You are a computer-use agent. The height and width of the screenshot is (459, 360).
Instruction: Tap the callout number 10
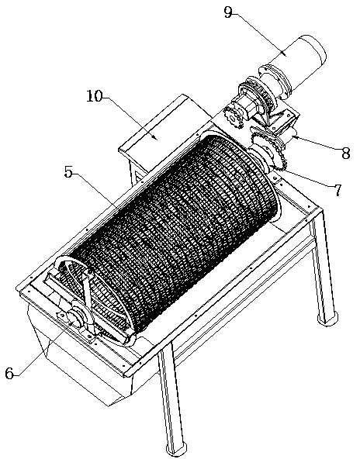pos(95,96)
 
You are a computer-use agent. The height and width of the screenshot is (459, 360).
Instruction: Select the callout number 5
pos(68,172)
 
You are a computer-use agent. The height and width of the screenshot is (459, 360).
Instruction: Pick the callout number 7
pos(337,190)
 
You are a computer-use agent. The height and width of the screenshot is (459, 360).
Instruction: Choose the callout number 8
pos(346,153)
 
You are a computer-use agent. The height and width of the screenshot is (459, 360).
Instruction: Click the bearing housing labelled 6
pos(75,317)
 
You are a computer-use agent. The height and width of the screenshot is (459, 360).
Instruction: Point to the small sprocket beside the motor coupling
pos(234,118)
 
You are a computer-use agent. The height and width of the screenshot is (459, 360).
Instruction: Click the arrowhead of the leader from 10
pos(157,139)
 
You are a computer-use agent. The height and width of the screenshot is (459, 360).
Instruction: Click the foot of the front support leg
pos(177,450)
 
